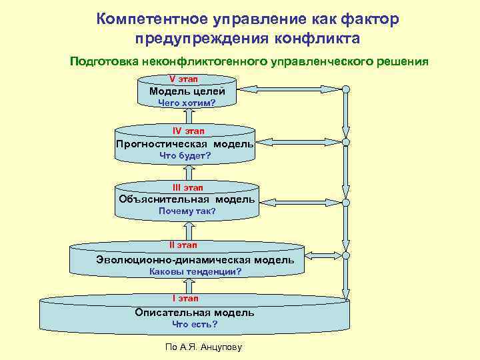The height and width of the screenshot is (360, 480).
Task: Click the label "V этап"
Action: [187, 79]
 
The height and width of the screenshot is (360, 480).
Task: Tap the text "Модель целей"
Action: [187, 91]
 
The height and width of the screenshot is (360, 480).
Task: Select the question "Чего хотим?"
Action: [187, 103]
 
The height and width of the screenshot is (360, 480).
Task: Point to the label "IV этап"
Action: [189, 131]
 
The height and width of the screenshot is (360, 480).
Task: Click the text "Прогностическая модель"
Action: [185, 143]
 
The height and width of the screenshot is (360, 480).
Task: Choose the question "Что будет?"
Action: [185, 155]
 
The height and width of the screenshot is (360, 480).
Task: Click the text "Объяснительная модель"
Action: [187, 199]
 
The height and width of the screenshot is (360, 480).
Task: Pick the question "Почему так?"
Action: [187, 211]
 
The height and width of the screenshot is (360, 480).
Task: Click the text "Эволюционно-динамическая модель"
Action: [195, 259]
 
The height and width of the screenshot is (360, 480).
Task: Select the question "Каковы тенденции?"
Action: [195, 272]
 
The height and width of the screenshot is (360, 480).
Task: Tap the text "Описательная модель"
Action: [195, 312]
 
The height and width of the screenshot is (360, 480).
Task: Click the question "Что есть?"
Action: [195, 325]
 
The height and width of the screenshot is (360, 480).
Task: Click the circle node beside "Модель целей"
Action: [346, 89]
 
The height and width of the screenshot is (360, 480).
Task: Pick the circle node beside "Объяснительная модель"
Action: [346, 202]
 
